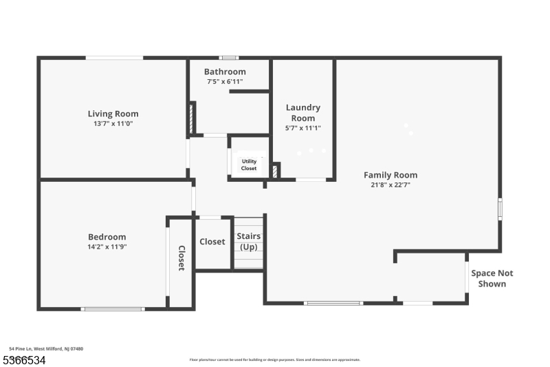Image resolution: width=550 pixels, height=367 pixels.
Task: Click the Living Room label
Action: (x=113, y=114)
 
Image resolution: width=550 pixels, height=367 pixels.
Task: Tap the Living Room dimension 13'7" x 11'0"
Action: (x=113, y=124)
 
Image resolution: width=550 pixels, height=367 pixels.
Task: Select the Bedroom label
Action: (x=107, y=236)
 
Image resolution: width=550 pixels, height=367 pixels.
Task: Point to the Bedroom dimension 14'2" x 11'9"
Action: (x=107, y=247)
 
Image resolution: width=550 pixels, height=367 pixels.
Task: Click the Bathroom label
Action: (x=225, y=72)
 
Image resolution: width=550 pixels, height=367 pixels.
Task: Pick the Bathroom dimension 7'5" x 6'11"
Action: (x=225, y=81)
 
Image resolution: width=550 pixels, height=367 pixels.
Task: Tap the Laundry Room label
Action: (x=303, y=113)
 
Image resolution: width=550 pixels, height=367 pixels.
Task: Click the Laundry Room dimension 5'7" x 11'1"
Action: (x=303, y=128)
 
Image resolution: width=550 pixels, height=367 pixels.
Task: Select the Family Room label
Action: (x=390, y=175)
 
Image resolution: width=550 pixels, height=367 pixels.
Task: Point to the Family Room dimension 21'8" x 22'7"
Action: (x=390, y=185)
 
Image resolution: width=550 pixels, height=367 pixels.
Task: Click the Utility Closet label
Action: (x=249, y=165)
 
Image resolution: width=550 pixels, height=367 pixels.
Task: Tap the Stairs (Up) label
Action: (x=249, y=241)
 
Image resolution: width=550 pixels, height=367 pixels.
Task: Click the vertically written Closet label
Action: (x=181, y=258)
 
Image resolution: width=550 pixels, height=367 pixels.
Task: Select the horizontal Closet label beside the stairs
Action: (x=212, y=242)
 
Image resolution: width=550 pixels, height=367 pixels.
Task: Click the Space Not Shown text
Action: (x=492, y=278)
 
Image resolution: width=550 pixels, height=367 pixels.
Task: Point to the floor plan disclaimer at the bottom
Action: (x=274, y=359)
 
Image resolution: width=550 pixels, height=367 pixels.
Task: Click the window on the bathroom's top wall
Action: (x=229, y=58)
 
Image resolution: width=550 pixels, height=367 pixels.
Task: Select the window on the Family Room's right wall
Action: (x=500, y=209)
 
